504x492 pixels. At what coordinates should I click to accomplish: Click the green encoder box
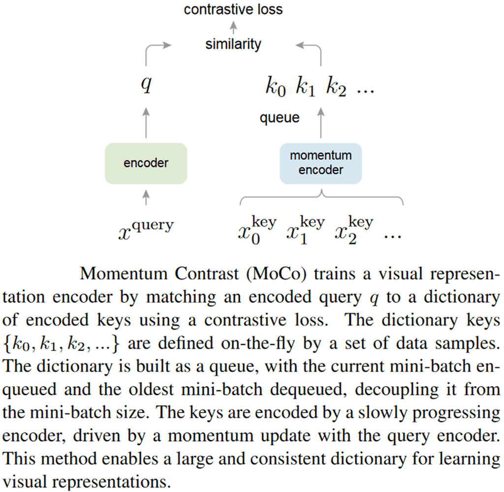point(146,164)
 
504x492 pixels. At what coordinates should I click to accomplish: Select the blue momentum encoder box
point(320,163)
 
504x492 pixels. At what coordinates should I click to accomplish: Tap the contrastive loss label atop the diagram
point(233,9)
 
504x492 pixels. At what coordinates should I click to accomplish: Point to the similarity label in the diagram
point(233,44)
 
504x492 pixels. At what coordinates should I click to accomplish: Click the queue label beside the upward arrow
point(280,118)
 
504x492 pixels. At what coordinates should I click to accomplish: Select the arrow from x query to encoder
point(146,198)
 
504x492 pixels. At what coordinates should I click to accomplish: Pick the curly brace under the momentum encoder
point(321,198)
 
